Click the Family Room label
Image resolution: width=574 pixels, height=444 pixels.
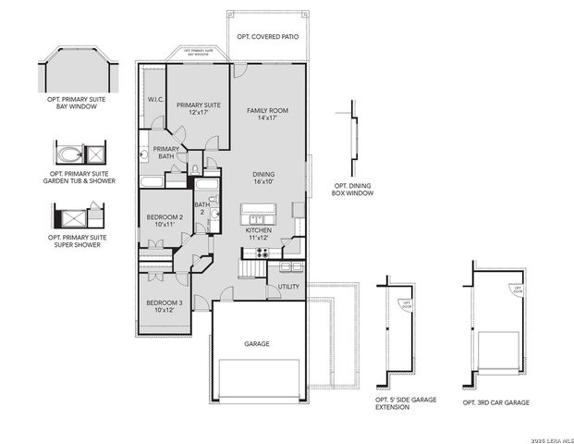coord(267,115)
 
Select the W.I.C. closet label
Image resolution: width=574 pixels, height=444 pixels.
coord(154,100)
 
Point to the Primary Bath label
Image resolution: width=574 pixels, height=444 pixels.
coord(165,153)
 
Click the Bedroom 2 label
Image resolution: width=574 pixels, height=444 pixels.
coord(165,220)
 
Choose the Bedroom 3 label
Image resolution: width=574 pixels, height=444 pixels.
coord(164,306)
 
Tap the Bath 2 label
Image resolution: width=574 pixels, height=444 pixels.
coord(201,209)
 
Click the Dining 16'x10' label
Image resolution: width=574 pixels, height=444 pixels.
coord(265,178)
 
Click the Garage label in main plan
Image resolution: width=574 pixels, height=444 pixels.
coord(256,344)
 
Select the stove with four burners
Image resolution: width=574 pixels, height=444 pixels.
coord(262,253)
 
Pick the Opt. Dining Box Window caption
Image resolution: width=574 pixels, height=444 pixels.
coord(354,191)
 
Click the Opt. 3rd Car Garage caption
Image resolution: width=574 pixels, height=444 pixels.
coord(496,403)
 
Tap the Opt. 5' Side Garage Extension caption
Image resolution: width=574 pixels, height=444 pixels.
coord(404,403)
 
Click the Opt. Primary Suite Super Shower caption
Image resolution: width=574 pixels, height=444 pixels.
coord(74,240)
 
